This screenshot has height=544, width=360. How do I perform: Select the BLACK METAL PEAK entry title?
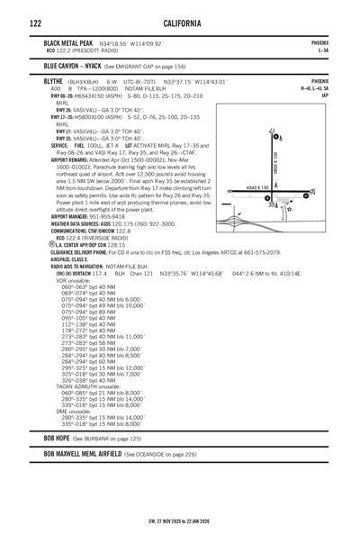tap(68, 42)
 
